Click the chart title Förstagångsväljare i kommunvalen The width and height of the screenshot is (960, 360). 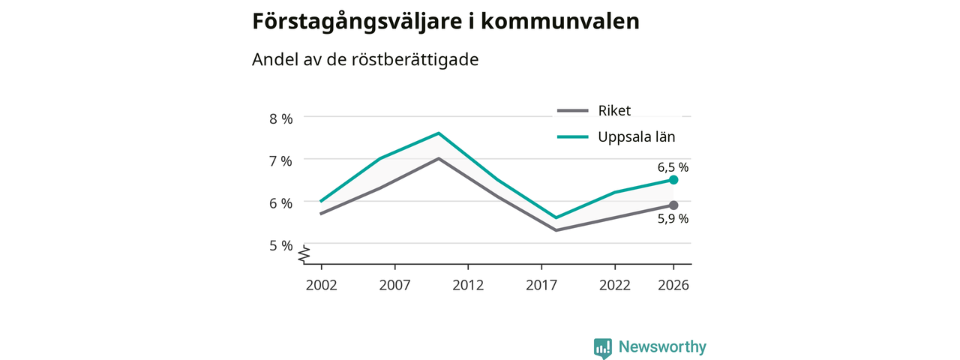445,22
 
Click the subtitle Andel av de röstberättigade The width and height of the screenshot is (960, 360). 365,59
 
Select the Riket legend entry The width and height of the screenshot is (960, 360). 594,110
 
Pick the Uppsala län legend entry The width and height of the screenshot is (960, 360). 616,136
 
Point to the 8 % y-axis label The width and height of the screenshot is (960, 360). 281,118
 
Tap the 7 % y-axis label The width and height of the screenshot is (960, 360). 281,161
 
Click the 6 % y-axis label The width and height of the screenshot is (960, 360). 281,203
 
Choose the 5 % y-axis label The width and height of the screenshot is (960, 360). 281,245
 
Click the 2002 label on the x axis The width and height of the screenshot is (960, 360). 322,285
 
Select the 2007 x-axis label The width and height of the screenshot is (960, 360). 394,285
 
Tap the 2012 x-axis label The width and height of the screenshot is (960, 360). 468,285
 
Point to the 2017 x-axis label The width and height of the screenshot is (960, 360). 541,285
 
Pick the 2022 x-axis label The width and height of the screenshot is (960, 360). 615,285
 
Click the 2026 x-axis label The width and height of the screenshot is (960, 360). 673,285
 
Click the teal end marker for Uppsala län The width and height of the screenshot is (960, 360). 673,180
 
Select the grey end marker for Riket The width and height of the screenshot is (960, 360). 673,205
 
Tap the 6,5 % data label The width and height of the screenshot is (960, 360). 673,167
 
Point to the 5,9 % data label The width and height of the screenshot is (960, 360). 673,218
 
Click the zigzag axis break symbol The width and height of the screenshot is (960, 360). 304,254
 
